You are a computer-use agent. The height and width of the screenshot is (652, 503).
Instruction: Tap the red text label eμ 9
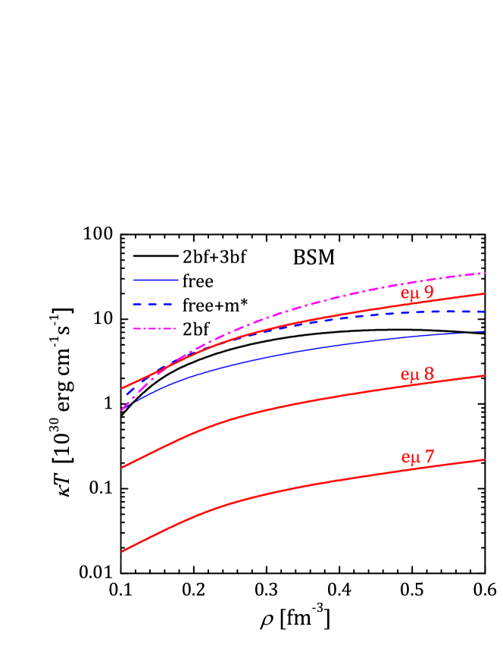(417, 293)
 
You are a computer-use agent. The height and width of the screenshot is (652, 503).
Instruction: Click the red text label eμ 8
(417, 375)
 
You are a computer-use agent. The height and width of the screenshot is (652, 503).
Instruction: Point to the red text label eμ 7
(417, 457)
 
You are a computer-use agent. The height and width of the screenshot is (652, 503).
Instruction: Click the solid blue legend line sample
(155, 280)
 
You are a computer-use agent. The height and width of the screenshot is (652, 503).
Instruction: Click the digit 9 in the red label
(429, 293)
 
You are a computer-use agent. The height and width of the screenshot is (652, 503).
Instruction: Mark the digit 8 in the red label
(429, 375)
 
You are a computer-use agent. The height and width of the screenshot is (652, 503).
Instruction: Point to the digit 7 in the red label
(429, 457)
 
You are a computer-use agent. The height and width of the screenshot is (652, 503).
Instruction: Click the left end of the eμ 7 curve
(123, 551)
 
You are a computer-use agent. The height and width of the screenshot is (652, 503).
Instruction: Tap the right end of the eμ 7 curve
(484, 459)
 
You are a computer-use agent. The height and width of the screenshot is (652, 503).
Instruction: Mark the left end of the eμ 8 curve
(123, 468)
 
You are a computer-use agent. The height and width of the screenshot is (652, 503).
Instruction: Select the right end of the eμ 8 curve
(484, 375)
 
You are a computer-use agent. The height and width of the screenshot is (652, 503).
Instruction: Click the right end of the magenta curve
(484, 272)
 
